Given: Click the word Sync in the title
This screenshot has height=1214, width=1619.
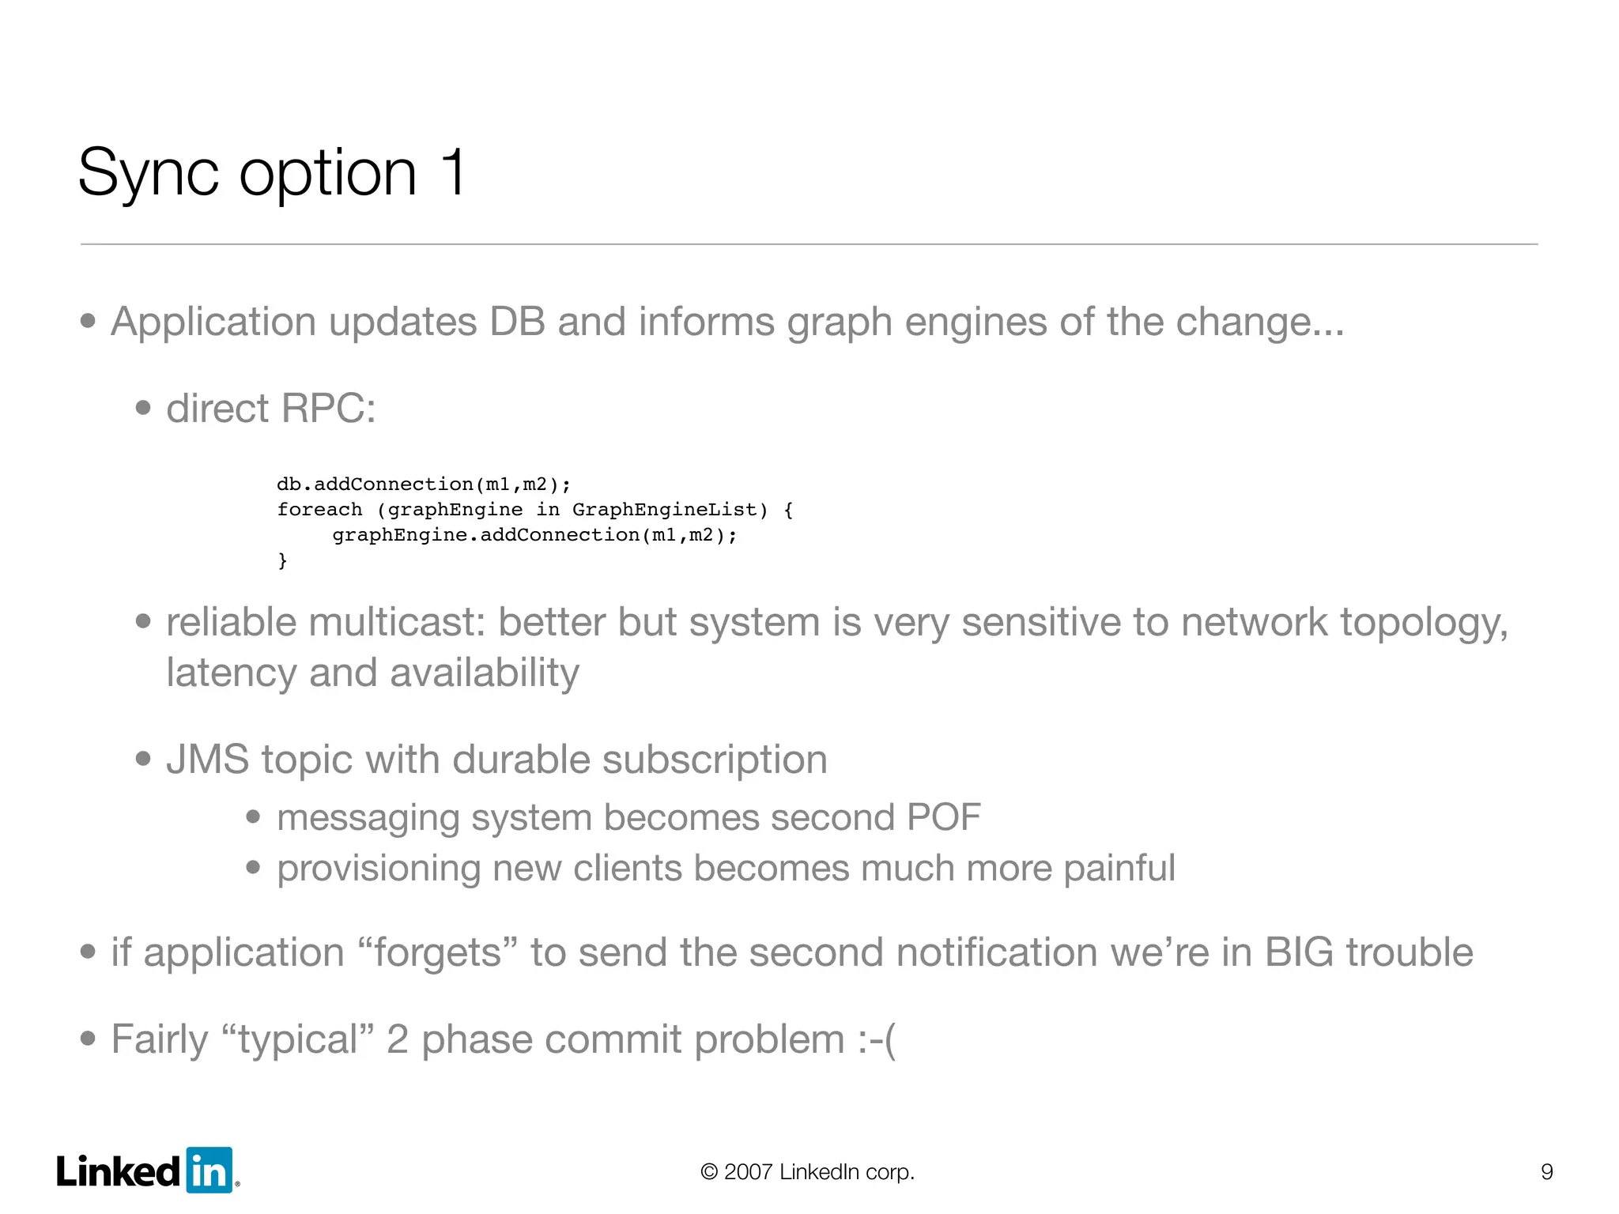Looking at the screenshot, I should (149, 174).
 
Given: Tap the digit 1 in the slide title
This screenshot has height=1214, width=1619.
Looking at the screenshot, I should (453, 172).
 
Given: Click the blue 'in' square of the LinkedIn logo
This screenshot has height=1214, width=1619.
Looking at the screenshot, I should (209, 1170).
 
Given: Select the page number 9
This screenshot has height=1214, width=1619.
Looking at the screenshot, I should (1547, 1171).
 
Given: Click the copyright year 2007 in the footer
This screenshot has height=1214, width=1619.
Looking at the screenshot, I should (748, 1171).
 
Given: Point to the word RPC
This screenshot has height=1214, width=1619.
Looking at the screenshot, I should (328, 409).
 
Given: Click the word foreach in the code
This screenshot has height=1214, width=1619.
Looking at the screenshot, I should (319, 510).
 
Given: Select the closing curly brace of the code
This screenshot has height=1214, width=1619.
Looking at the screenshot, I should (282, 560).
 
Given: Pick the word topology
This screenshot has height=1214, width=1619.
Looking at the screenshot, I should (1424, 624).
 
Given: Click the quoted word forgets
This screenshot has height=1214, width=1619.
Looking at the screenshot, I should (437, 952).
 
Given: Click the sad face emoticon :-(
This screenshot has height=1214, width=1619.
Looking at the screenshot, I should (877, 1039).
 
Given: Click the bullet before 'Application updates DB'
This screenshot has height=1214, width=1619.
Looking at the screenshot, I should (88, 322).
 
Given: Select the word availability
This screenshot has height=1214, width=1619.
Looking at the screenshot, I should (484, 673).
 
